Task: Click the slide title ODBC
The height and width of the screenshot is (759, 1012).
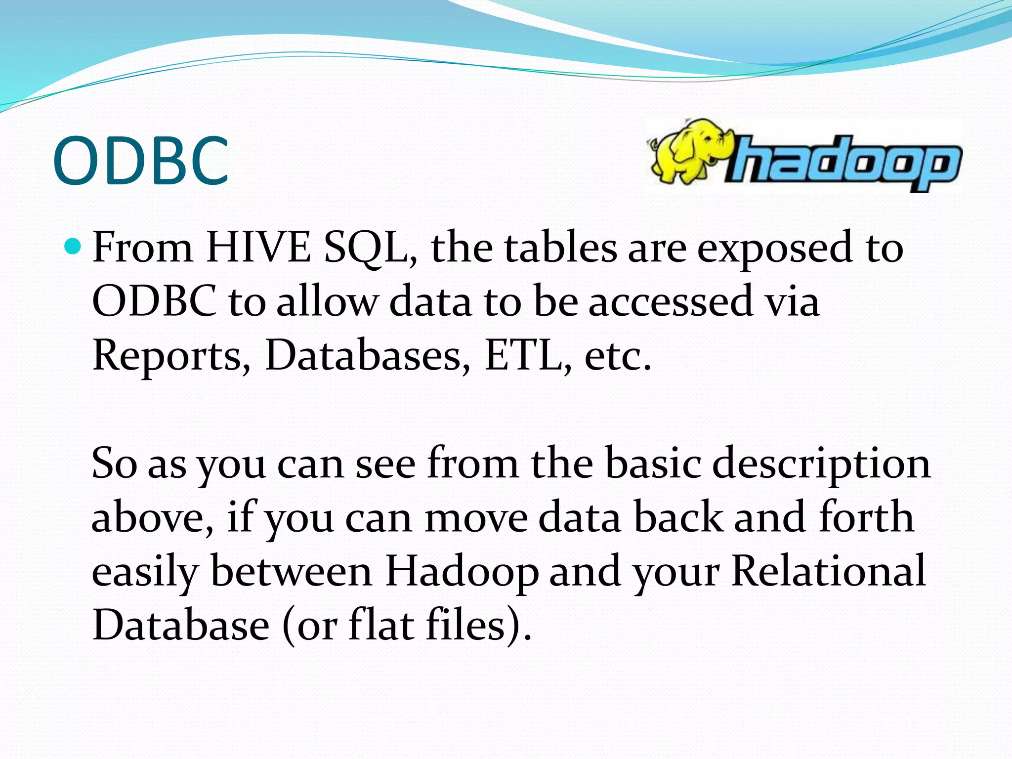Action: coord(141,161)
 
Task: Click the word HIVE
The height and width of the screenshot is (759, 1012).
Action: coord(258,247)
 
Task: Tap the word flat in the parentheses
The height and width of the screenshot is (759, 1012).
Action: coord(381,625)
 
